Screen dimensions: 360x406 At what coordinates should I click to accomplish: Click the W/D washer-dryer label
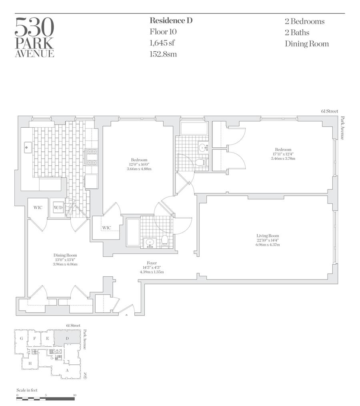click(x=58, y=207)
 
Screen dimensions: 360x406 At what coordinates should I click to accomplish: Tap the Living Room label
click(x=268, y=235)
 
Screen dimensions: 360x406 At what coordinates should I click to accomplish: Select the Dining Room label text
click(x=65, y=255)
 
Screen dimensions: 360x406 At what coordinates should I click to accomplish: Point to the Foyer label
click(x=152, y=263)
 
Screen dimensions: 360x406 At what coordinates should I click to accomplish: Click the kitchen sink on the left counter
click(x=28, y=147)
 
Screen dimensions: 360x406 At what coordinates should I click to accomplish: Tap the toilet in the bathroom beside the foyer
click(x=165, y=240)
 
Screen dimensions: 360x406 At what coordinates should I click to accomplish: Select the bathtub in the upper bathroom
click(x=194, y=129)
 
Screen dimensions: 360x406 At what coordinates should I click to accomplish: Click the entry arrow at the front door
click(x=126, y=315)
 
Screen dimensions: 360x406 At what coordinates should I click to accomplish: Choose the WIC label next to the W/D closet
click(x=38, y=207)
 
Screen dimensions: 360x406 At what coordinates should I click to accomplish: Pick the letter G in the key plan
click(x=22, y=338)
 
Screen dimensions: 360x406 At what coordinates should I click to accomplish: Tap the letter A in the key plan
click(x=67, y=370)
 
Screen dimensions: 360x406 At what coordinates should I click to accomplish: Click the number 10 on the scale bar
click(x=75, y=395)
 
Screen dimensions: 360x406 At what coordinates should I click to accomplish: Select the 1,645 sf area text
click(x=162, y=43)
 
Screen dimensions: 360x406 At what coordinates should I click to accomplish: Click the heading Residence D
click(x=171, y=20)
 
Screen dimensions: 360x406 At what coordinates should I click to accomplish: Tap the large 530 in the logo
click(x=34, y=27)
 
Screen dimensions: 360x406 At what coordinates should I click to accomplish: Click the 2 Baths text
click(x=297, y=32)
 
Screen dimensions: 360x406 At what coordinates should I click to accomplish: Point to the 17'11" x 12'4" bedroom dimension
click(x=283, y=154)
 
